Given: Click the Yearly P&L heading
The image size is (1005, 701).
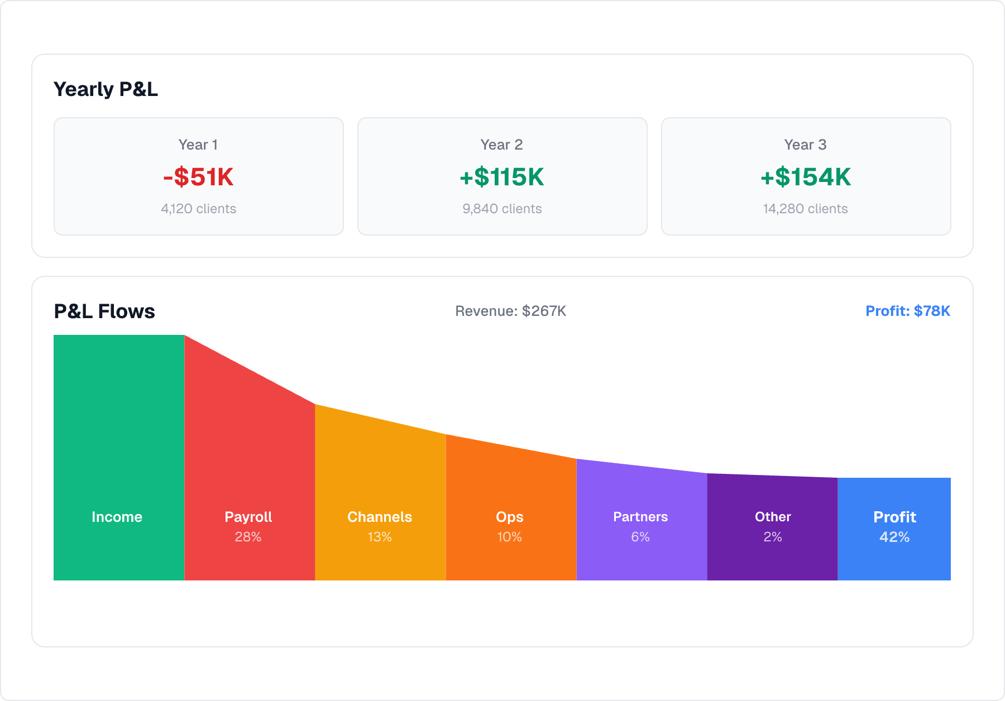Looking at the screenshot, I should coord(106,89).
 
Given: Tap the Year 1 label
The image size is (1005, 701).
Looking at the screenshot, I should coord(198,145).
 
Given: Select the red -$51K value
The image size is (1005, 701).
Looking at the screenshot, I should coord(198,177).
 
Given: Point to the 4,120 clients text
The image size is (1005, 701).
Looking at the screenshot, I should coord(198,209).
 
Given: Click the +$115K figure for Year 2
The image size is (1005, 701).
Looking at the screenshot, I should coord(502,177).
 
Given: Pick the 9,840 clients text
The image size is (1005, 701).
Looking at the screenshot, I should coord(502,209).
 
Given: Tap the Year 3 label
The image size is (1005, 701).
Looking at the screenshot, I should coord(805,145).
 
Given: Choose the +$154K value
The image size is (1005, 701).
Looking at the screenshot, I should coord(805,177).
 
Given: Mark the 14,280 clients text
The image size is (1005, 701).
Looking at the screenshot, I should coord(805,209).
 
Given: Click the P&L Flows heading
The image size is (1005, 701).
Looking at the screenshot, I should coord(104,311).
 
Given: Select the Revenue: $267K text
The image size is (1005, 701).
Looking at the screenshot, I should coord(510,311).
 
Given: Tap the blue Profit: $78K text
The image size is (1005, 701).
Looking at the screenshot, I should coord(907,311).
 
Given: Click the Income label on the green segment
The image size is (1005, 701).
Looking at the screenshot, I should coord(117,517).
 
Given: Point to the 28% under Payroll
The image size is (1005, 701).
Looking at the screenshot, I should coord(248,537).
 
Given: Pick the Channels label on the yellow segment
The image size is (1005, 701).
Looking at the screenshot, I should coord(380,517).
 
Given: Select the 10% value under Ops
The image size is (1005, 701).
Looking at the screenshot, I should coord(509,537).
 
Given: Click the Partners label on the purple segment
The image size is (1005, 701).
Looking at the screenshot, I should coord(640,517).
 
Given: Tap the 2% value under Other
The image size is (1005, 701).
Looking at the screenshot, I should coord(773,537).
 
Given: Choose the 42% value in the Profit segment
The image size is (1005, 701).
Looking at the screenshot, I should coord(894,537).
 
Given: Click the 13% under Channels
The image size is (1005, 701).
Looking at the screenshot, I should coord(380,537).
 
